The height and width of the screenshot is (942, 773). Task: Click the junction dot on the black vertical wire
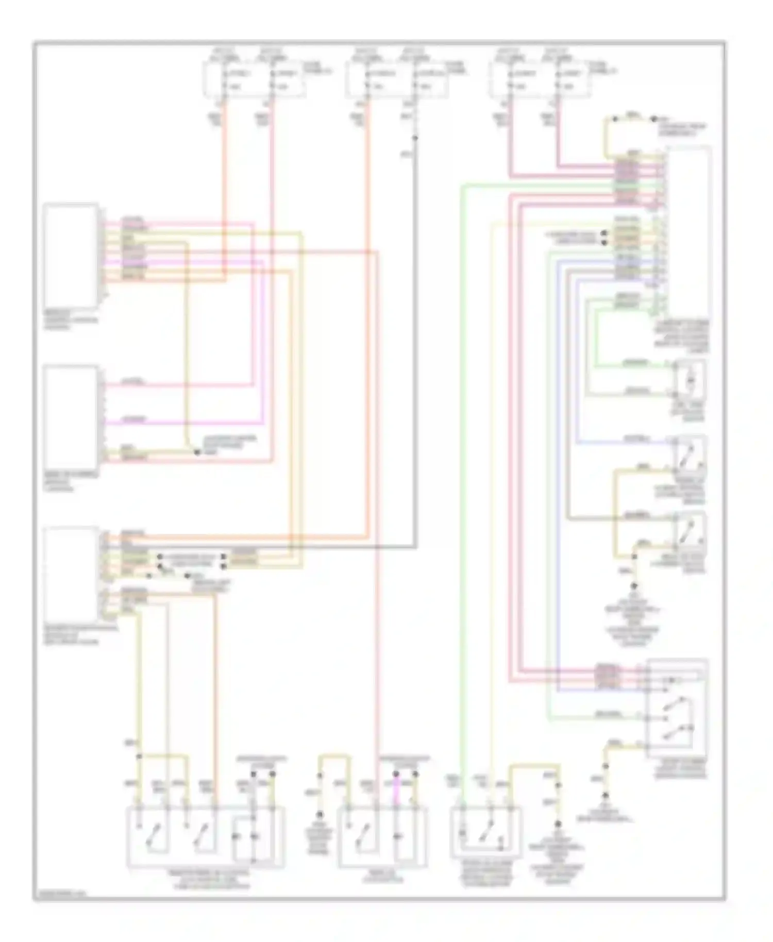[415, 138]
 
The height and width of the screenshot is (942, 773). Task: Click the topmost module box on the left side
[71, 256]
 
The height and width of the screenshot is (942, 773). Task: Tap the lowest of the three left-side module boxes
[71, 575]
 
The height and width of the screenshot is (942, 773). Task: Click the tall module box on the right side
[688, 232]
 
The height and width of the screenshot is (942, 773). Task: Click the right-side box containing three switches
[677, 708]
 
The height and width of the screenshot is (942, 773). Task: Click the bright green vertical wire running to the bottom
[462, 464]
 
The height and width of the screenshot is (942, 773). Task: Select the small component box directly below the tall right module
[691, 380]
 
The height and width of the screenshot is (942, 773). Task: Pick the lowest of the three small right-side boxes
[691, 531]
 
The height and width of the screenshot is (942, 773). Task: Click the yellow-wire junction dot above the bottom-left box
[138, 756]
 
